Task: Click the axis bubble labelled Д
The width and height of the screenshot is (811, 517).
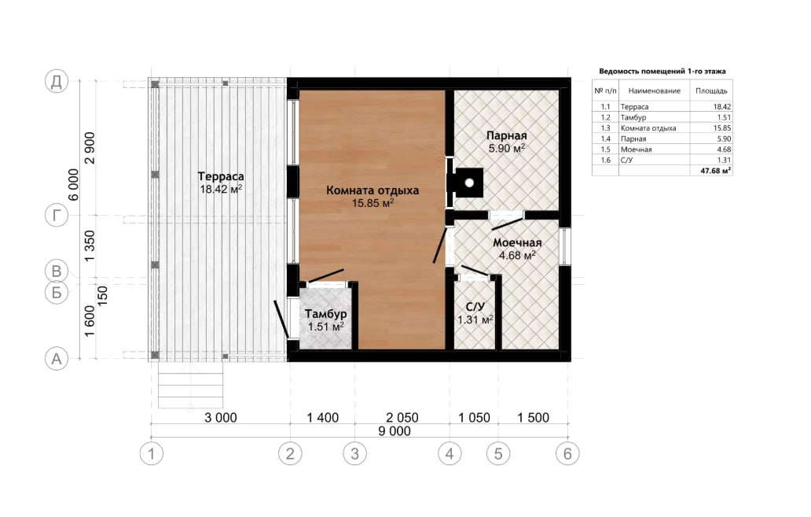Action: pos(57,81)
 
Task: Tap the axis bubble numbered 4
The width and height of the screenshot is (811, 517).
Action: pos(450,454)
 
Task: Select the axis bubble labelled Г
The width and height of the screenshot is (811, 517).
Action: pos(57,215)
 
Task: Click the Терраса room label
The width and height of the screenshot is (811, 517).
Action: pos(221,176)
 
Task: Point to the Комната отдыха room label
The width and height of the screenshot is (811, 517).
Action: pos(372,190)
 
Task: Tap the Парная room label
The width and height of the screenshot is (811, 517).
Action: pos(506,135)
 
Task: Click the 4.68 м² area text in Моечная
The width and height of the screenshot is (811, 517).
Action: pos(517,255)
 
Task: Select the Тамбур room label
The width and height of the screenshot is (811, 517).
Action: pos(325,314)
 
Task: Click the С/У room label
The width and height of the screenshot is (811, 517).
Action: pos(475,307)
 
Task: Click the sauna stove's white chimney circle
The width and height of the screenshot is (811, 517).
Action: pos(469,183)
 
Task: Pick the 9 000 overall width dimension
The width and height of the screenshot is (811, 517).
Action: pos(394,431)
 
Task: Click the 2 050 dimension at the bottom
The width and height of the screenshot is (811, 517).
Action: pos(402,418)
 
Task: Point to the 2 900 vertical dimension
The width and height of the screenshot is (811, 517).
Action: pos(90,148)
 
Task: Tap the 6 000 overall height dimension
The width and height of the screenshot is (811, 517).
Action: pos(74,184)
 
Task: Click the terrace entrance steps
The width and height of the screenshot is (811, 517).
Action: pos(190,385)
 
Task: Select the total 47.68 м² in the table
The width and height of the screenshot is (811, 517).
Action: pos(716,171)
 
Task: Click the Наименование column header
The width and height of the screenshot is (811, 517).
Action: pos(655,90)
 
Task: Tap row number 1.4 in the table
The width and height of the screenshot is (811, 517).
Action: pos(605,138)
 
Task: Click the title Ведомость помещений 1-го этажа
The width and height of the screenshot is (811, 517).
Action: pos(662,72)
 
